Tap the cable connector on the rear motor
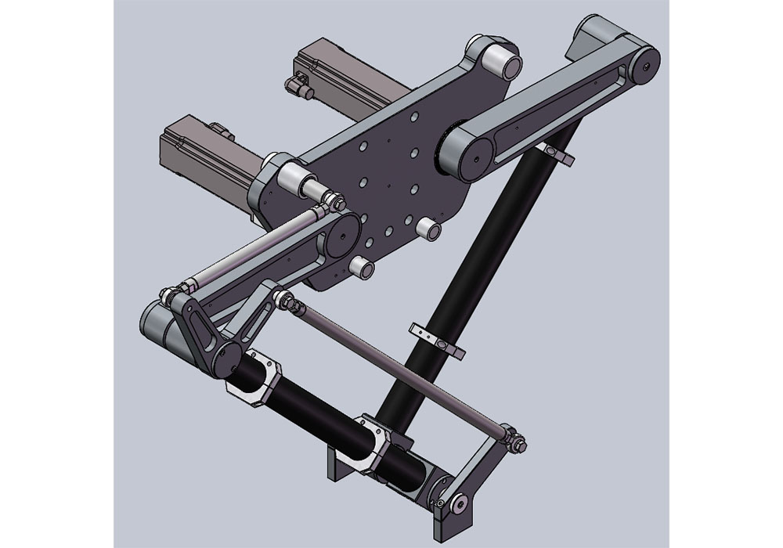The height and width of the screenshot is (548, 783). [298, 85]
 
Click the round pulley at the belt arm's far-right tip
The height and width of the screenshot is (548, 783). [643, 67]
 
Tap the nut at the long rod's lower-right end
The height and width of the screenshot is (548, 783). [518, 445]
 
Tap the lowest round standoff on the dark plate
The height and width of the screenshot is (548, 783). [361, 267]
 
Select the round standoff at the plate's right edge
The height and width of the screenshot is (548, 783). [428, 229]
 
